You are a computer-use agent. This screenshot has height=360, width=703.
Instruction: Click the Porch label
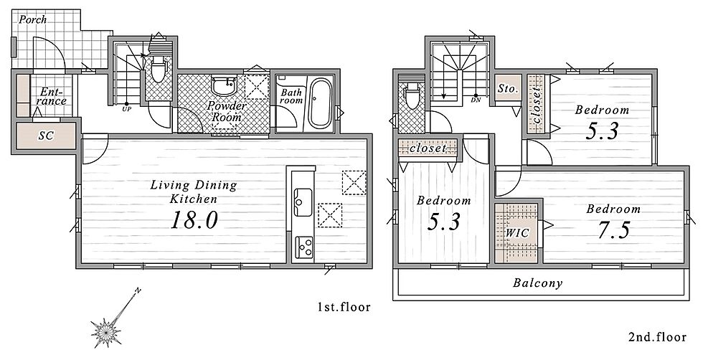coord(32,20)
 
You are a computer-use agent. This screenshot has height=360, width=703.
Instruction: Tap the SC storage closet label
coord(46,136)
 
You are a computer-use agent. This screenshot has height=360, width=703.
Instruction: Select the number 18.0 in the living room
coord(194,221)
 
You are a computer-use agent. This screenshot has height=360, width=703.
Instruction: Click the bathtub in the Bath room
coord(320,103)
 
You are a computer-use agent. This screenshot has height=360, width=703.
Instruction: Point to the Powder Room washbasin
coord(224,85)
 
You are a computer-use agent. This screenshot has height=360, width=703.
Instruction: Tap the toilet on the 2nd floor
coord(412,95)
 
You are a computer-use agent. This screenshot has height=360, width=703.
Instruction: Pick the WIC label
coord(517,233)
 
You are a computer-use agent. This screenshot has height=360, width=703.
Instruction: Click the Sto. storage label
coord(508,89)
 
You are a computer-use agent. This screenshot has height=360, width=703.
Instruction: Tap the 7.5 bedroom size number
coord(614,230)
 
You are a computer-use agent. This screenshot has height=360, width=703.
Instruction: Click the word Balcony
coord(537,283)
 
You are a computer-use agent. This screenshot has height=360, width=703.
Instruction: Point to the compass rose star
coord(106,332)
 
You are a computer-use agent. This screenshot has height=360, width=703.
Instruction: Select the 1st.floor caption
coord(344,307)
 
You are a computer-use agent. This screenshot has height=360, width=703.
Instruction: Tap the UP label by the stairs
coord(127,108)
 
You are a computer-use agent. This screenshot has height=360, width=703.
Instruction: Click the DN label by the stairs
coord(476,100)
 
